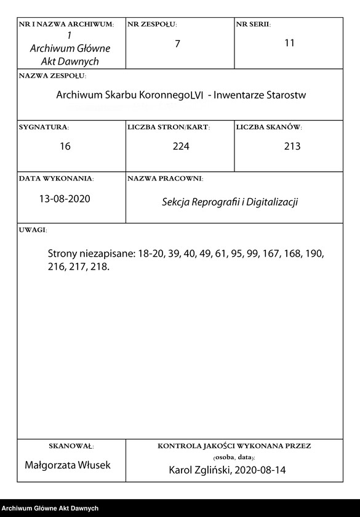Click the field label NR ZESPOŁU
click(152, 25)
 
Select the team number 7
click(177, 44)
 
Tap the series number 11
click(290, 43)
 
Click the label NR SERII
click(253, 25)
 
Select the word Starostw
click(286, 96)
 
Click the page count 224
click(180, 146)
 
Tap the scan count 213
click(292, 146)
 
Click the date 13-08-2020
click(65, 199)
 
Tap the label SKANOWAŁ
click(71, 445)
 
